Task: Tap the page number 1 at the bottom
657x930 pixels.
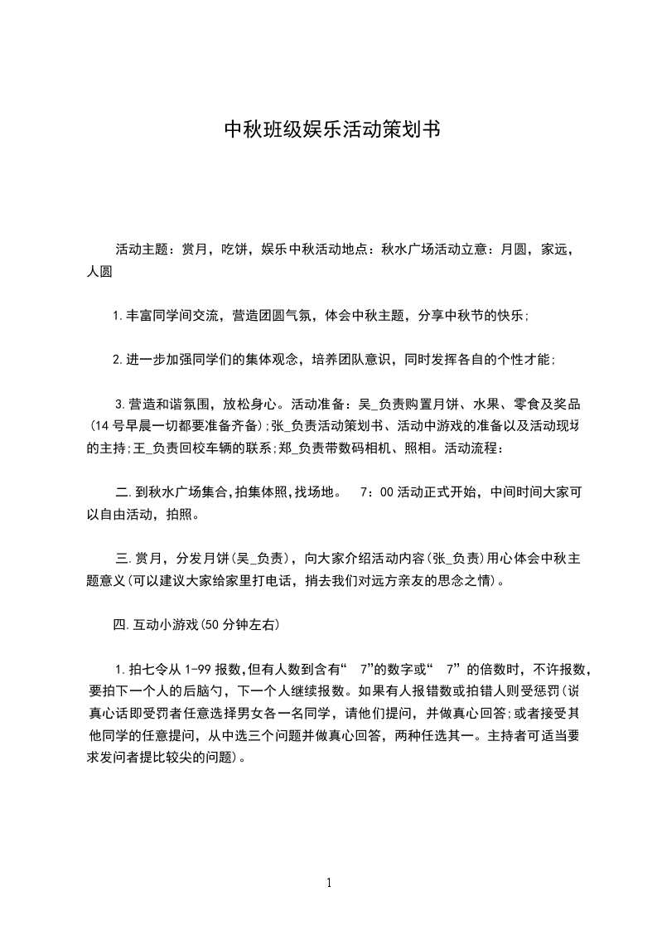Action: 329,883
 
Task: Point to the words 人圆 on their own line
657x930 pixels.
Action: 99,270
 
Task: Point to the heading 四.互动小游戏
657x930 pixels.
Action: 157,625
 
